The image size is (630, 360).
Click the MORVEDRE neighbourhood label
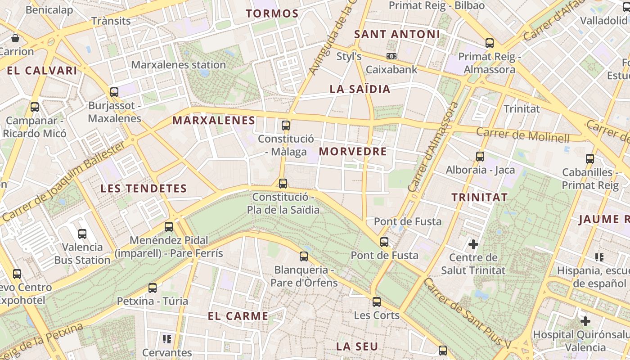pyautogui.click(x=353, y=152)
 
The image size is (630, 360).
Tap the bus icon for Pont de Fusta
pyautogui.click(x=384, y=242)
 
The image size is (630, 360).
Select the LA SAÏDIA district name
pyautogui.click(x=360, y=89)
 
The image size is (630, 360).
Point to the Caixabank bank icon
pyautogui.click(x=391, y=56)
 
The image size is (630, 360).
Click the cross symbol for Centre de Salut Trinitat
pyautogui.click(x=473, y=244)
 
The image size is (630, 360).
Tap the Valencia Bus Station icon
pyautogui.click(x=82, y=234)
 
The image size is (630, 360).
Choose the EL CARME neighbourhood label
pyautogui.click(x=238, y=316)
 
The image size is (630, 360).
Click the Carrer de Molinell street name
pyautogui.click(x=522, y=135)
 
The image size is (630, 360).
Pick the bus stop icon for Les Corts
pyautogui.click(x=377, y=302)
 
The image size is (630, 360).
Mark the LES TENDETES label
pyautogui.click(x=144, y=189)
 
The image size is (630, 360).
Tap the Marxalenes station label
pyautogui.click(x=178, y=65)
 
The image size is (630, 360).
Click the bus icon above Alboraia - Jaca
pyautogui.click(x=480, y=157)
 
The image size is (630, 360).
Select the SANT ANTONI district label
pyautogui.click(x=397, y=34)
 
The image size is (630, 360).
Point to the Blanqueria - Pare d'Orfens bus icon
pyautogui.click(x=304, y=256)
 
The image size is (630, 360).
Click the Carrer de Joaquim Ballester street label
pyautogui.click(x=63, y=182)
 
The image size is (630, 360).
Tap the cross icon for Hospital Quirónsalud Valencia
pyautogui.click(x=585, y=321)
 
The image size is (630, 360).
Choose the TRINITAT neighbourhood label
pyautogui.click(x=479, y=197)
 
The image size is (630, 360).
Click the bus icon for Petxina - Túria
pyautogui.click(x=153, y=288)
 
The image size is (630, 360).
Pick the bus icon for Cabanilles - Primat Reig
pyautogui.click(x=590, y=159)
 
